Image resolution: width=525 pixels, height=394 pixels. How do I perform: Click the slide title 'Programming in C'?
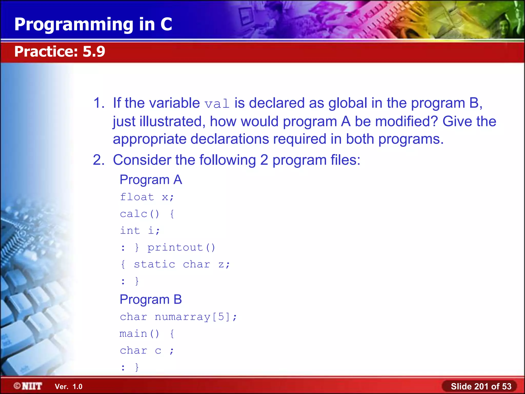pos(93,24)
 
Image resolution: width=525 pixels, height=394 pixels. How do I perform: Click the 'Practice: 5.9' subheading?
pos(59,51)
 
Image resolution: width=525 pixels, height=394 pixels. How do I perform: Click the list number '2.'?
pos(99,160)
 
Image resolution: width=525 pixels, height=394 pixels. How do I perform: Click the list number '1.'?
pos(99,103)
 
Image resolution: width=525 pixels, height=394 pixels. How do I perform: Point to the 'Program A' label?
pos(151,180)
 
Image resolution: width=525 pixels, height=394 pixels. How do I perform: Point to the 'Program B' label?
pos(151,299)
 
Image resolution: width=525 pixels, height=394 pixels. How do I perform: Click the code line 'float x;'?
pos(147,197)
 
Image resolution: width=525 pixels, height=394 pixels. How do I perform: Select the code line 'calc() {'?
pos(147,214)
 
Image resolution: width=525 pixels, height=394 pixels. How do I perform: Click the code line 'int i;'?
pos(140,230)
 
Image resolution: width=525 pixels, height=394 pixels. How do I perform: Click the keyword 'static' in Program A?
pos(155,264)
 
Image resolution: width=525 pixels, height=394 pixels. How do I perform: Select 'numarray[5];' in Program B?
pos(196,317)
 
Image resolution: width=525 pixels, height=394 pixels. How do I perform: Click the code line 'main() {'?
pos(147,334)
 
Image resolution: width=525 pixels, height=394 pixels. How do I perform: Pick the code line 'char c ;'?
pos(147,350)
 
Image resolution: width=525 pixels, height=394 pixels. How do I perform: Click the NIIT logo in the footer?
pos(28,386)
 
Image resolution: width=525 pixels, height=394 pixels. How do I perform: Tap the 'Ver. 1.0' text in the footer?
pos(68,387)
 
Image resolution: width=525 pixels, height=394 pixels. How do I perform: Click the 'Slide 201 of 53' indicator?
pos(481,386)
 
